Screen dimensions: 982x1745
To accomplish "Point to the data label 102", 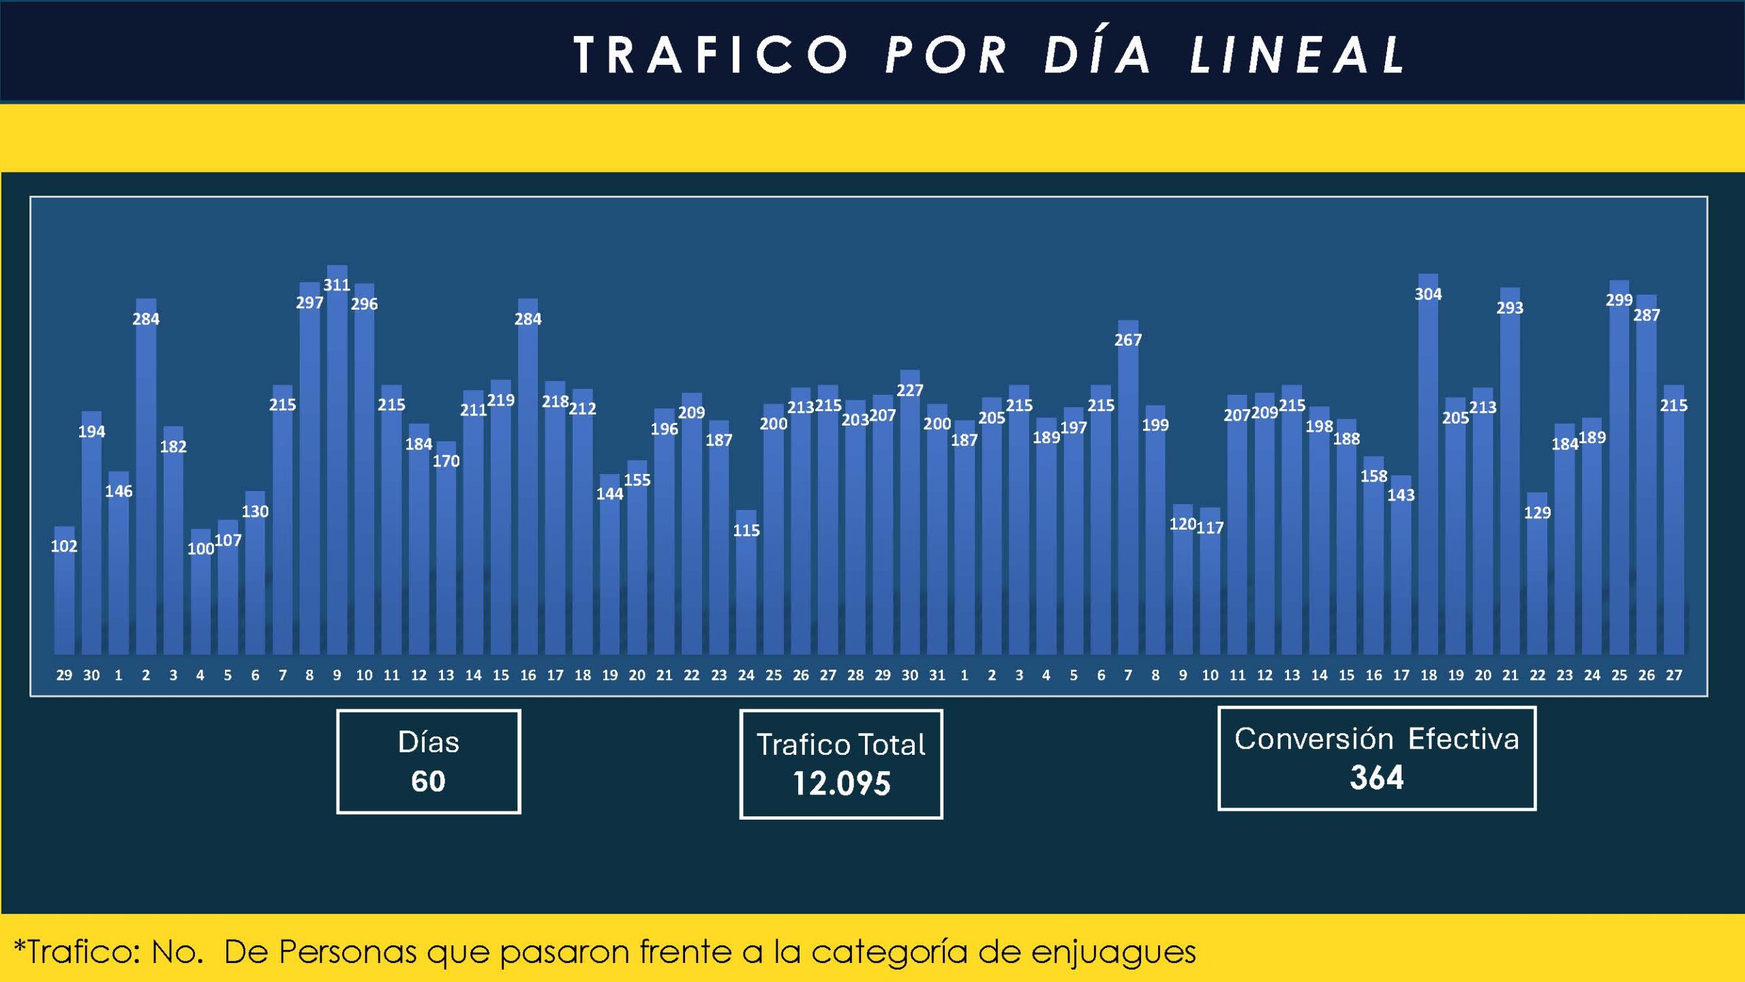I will point(64,546).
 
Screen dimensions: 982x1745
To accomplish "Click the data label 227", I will point(910,391).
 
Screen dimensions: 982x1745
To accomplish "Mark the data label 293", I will point(1510,308).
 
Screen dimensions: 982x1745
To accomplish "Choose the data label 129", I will point(1537,513).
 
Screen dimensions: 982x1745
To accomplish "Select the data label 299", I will point(1619,300).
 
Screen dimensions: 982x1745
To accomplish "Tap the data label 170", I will point(446,462).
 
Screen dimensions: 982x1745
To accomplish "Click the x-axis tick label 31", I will point(937,675).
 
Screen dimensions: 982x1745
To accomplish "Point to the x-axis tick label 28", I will point(855,675).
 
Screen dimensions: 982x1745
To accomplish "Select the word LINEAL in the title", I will point(1299,55).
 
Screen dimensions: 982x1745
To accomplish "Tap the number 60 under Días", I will point(428,782).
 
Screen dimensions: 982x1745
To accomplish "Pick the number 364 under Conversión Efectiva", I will point(1377,778).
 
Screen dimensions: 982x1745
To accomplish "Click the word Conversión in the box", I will point(1314,739).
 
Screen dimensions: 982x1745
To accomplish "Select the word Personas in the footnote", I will point(348,952).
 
